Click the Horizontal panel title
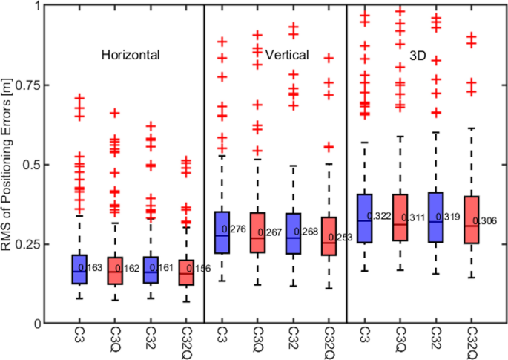point(131,55)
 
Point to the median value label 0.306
point(490,222)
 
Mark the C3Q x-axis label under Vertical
point(258,341)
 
